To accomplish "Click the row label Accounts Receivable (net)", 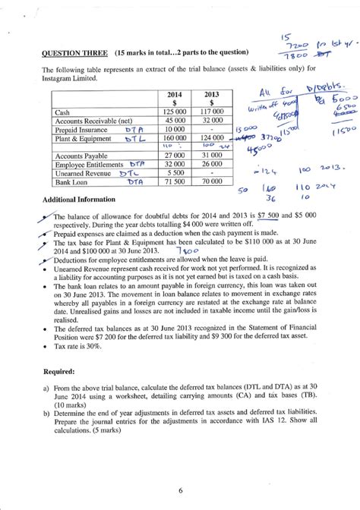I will (90, 120).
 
